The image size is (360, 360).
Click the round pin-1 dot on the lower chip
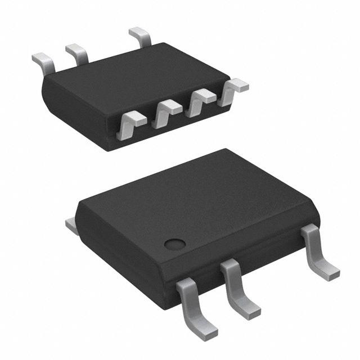175,244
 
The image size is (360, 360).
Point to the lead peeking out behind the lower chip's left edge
71,226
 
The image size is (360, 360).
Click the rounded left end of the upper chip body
48,90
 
